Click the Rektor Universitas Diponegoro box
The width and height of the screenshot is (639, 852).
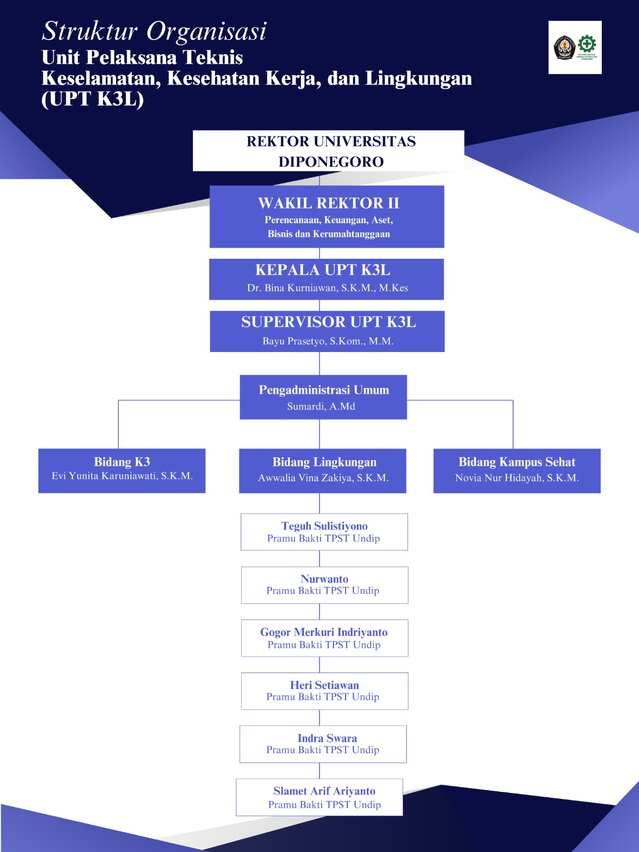tap(328, 151)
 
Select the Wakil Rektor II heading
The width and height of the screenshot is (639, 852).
tap(328, 203)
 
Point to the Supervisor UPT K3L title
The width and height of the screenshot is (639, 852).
tap(328, 322)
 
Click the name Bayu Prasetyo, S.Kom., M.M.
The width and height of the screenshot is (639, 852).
tap(327, 341)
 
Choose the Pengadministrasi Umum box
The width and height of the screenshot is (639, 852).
tap(323, 397)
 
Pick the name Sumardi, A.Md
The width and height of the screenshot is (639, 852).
tap(321, 406)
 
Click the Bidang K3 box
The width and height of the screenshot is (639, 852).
tap(121, 470)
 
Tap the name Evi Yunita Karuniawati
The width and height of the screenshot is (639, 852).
tap(122, 476)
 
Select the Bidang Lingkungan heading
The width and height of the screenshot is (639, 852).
tap(324, 462)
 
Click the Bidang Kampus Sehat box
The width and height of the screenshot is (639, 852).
tap(517, 470)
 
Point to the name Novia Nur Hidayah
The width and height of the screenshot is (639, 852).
tap(517, 478)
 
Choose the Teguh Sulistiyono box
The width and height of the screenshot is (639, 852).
tap(324, 531)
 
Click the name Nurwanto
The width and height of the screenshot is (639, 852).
tap(324, 579)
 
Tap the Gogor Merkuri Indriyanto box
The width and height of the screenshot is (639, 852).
tap(324, 638)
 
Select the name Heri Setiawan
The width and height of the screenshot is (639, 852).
tap(324, 685)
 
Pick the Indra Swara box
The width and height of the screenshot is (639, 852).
tap(323, 744)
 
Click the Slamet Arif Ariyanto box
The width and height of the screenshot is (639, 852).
tap(319, 797)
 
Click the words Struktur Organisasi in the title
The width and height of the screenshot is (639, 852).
tap(154, 31)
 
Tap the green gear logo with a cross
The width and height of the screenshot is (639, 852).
tap(587, 44)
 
